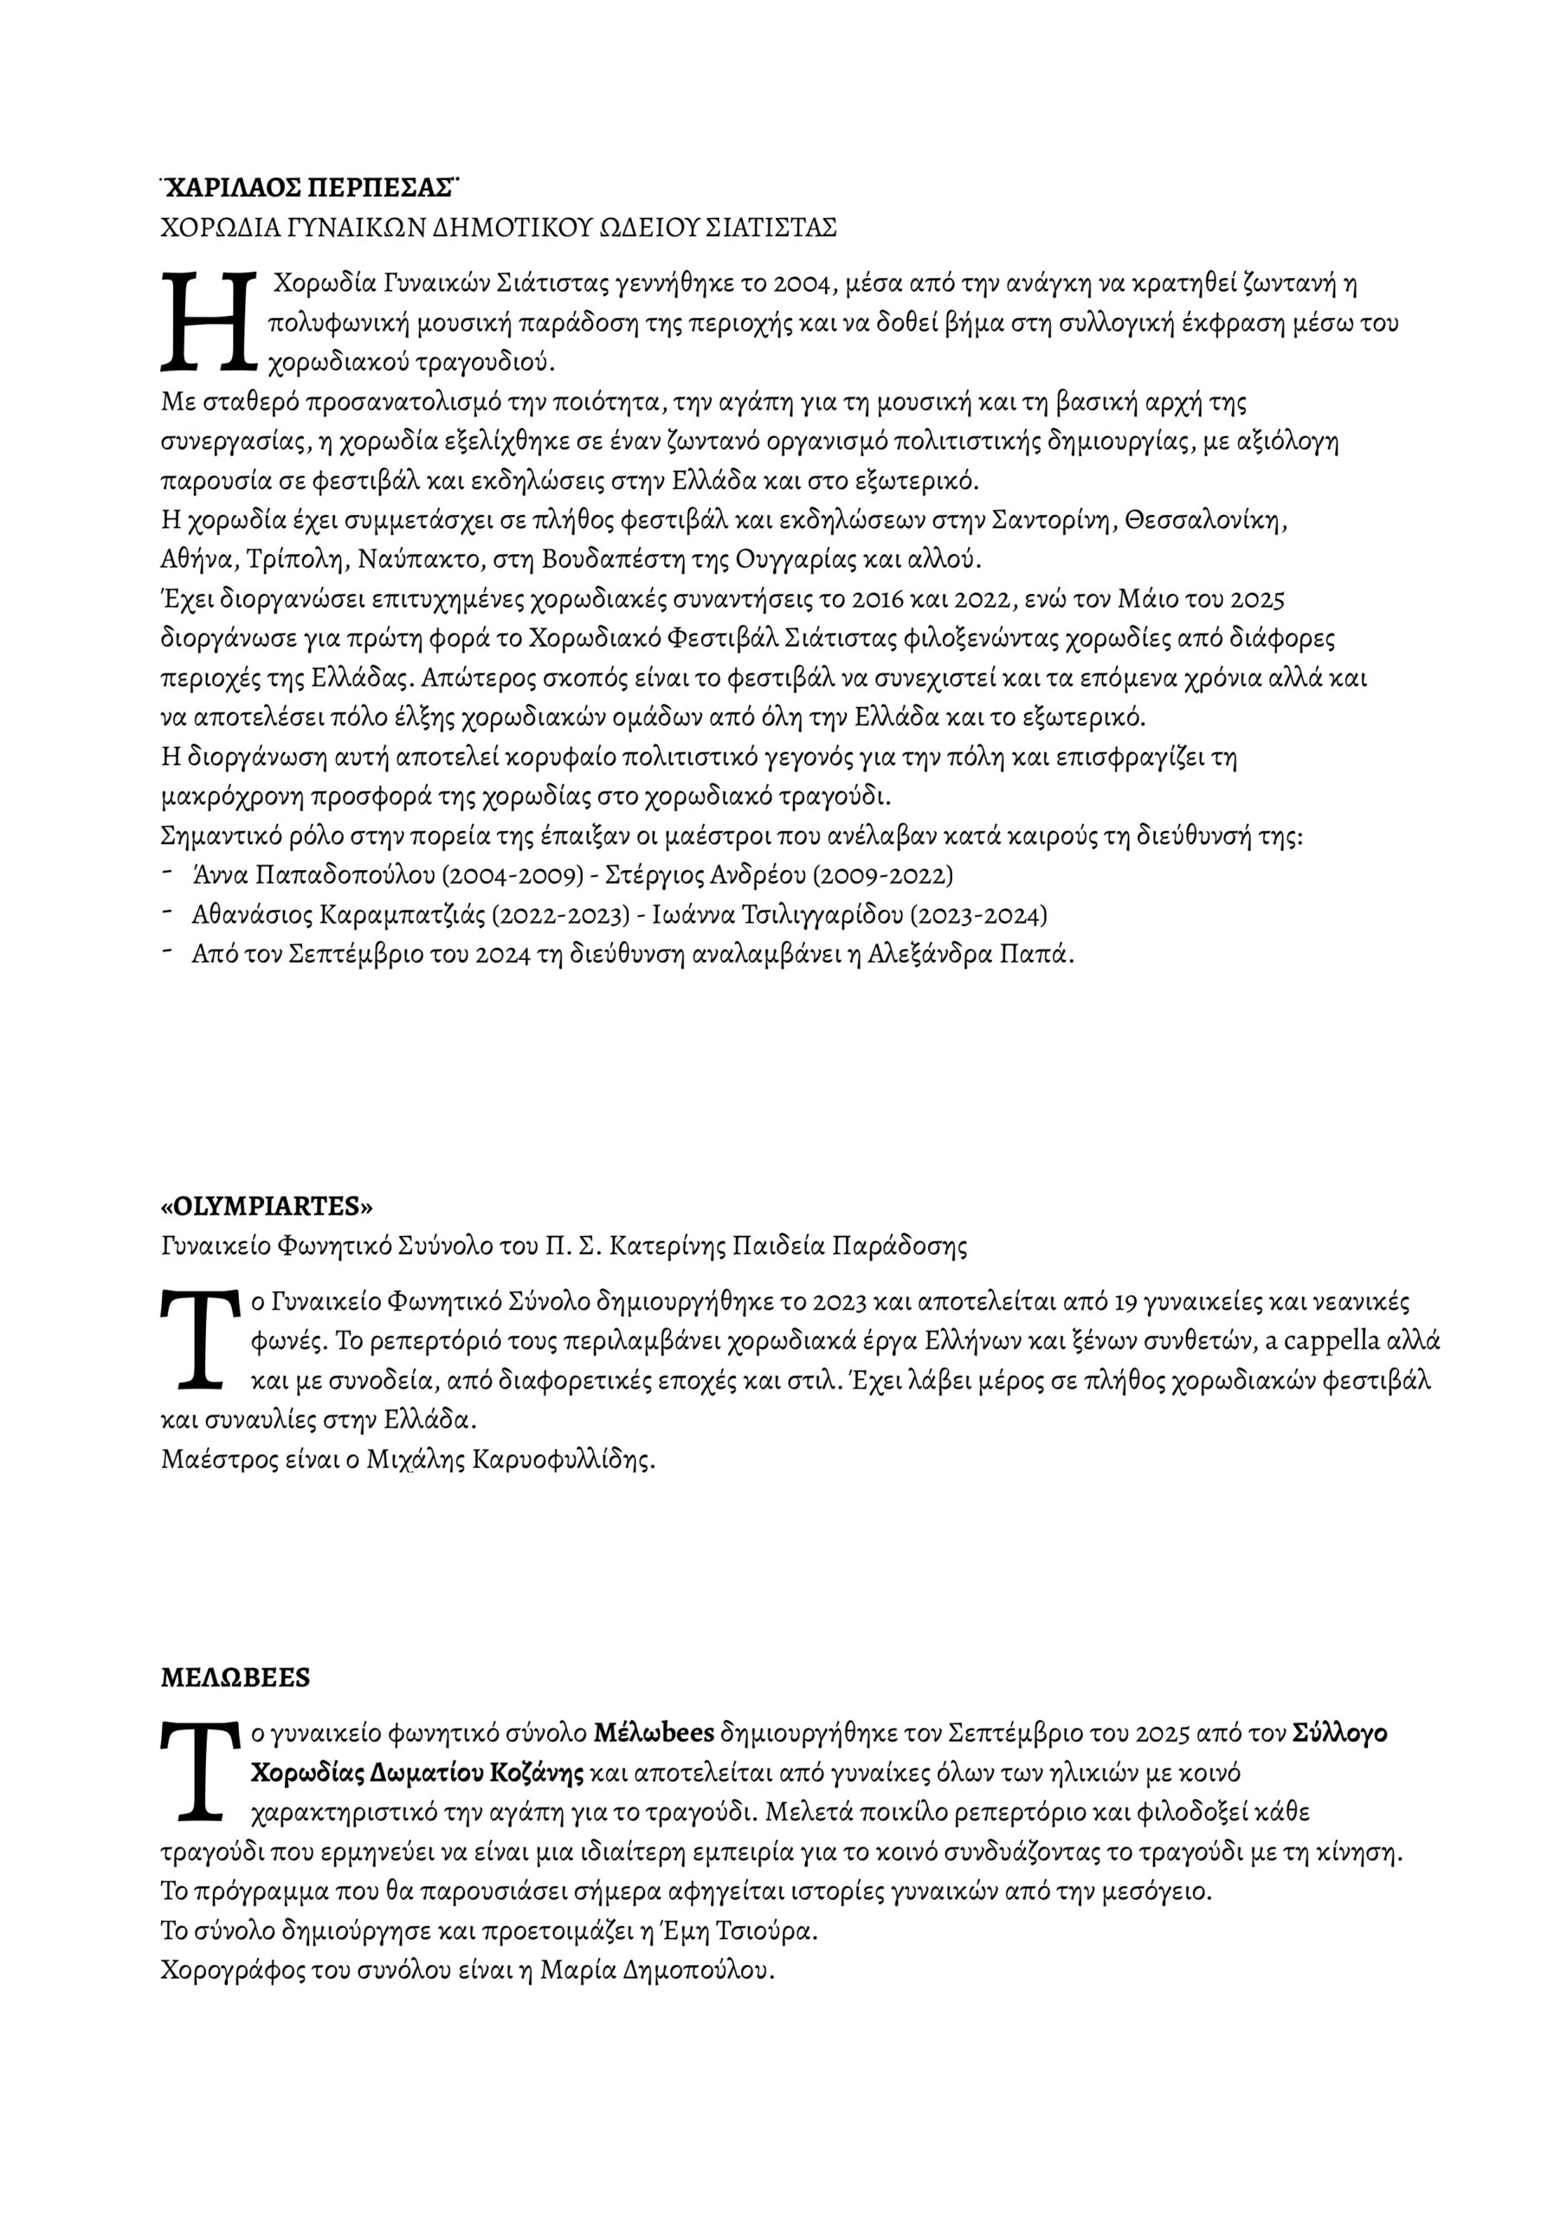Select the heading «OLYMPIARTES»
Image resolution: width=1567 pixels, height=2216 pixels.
tap(267, 1207)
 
